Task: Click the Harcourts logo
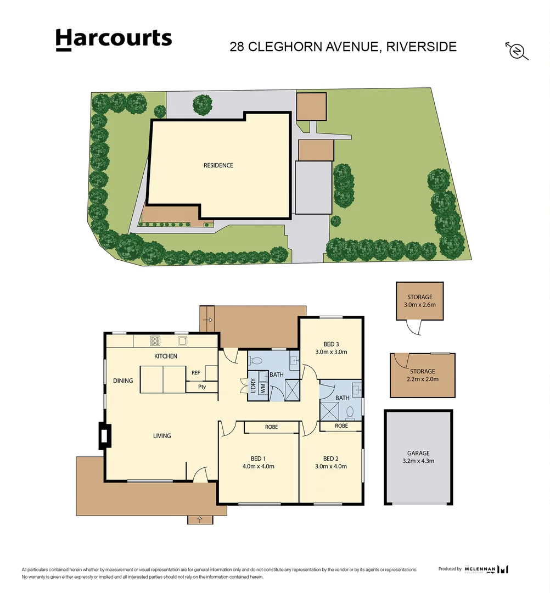point(114,40)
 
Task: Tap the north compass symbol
point(516,51)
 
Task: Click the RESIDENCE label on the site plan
point(218,165)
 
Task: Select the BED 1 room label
point(258,459)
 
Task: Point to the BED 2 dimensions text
point(330,467)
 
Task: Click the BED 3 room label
point(330,344)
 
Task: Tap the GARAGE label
point(418,453)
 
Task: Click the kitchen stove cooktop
point(155,341)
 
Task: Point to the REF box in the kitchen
point(195,373)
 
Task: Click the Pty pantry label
point(195,387)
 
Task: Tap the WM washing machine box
point(262,387)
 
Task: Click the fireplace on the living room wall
point(103,435)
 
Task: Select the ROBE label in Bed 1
point(271,427)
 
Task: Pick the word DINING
point(123,381)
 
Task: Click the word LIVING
point(162,436)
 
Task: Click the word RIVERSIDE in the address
point(421,47)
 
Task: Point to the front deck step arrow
point(199,519)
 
